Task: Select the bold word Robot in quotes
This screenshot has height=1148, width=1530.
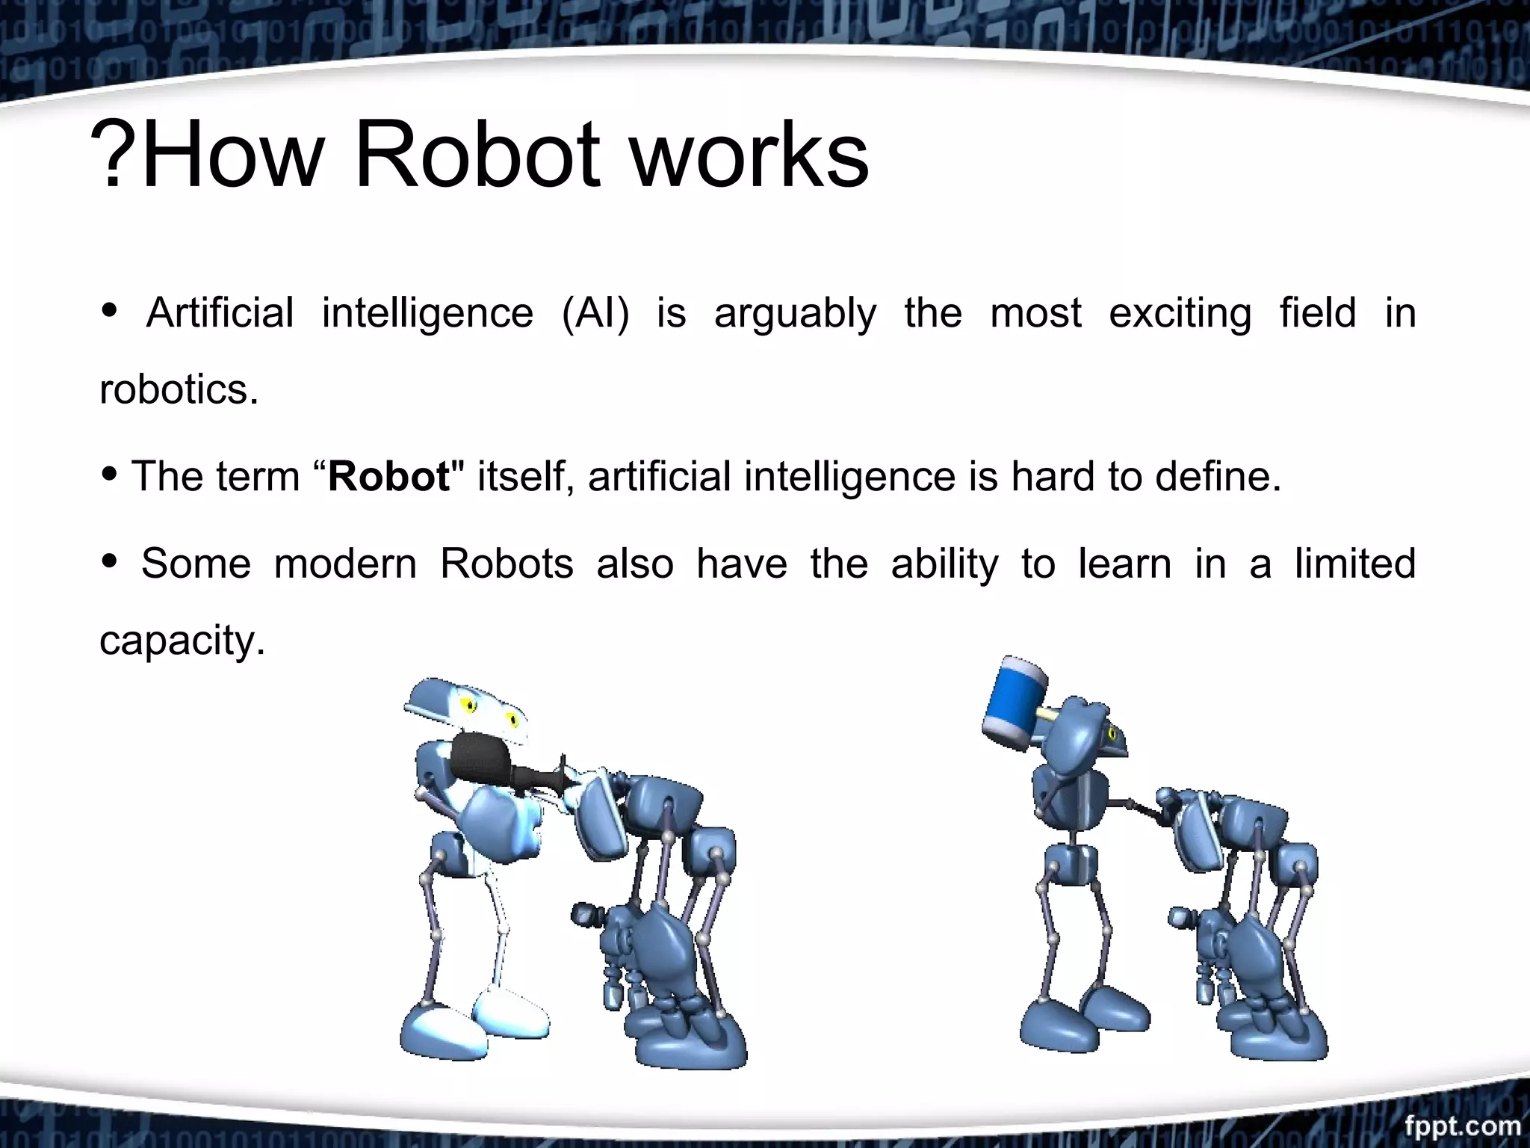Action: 389,476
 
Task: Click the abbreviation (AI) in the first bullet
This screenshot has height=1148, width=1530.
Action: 595,312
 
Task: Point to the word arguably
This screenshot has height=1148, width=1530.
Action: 795,314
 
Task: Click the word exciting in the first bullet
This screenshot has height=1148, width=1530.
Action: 1180,314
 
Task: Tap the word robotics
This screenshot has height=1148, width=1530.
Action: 179,389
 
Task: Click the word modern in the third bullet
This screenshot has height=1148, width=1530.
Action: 345,564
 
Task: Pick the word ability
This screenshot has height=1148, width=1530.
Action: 944,565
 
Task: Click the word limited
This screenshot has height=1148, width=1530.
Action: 1355,564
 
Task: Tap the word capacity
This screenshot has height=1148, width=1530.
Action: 182,641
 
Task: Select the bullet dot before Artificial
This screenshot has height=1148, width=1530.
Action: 110,310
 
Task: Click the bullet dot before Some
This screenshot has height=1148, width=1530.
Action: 110,561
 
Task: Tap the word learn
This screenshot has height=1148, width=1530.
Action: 1124,564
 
